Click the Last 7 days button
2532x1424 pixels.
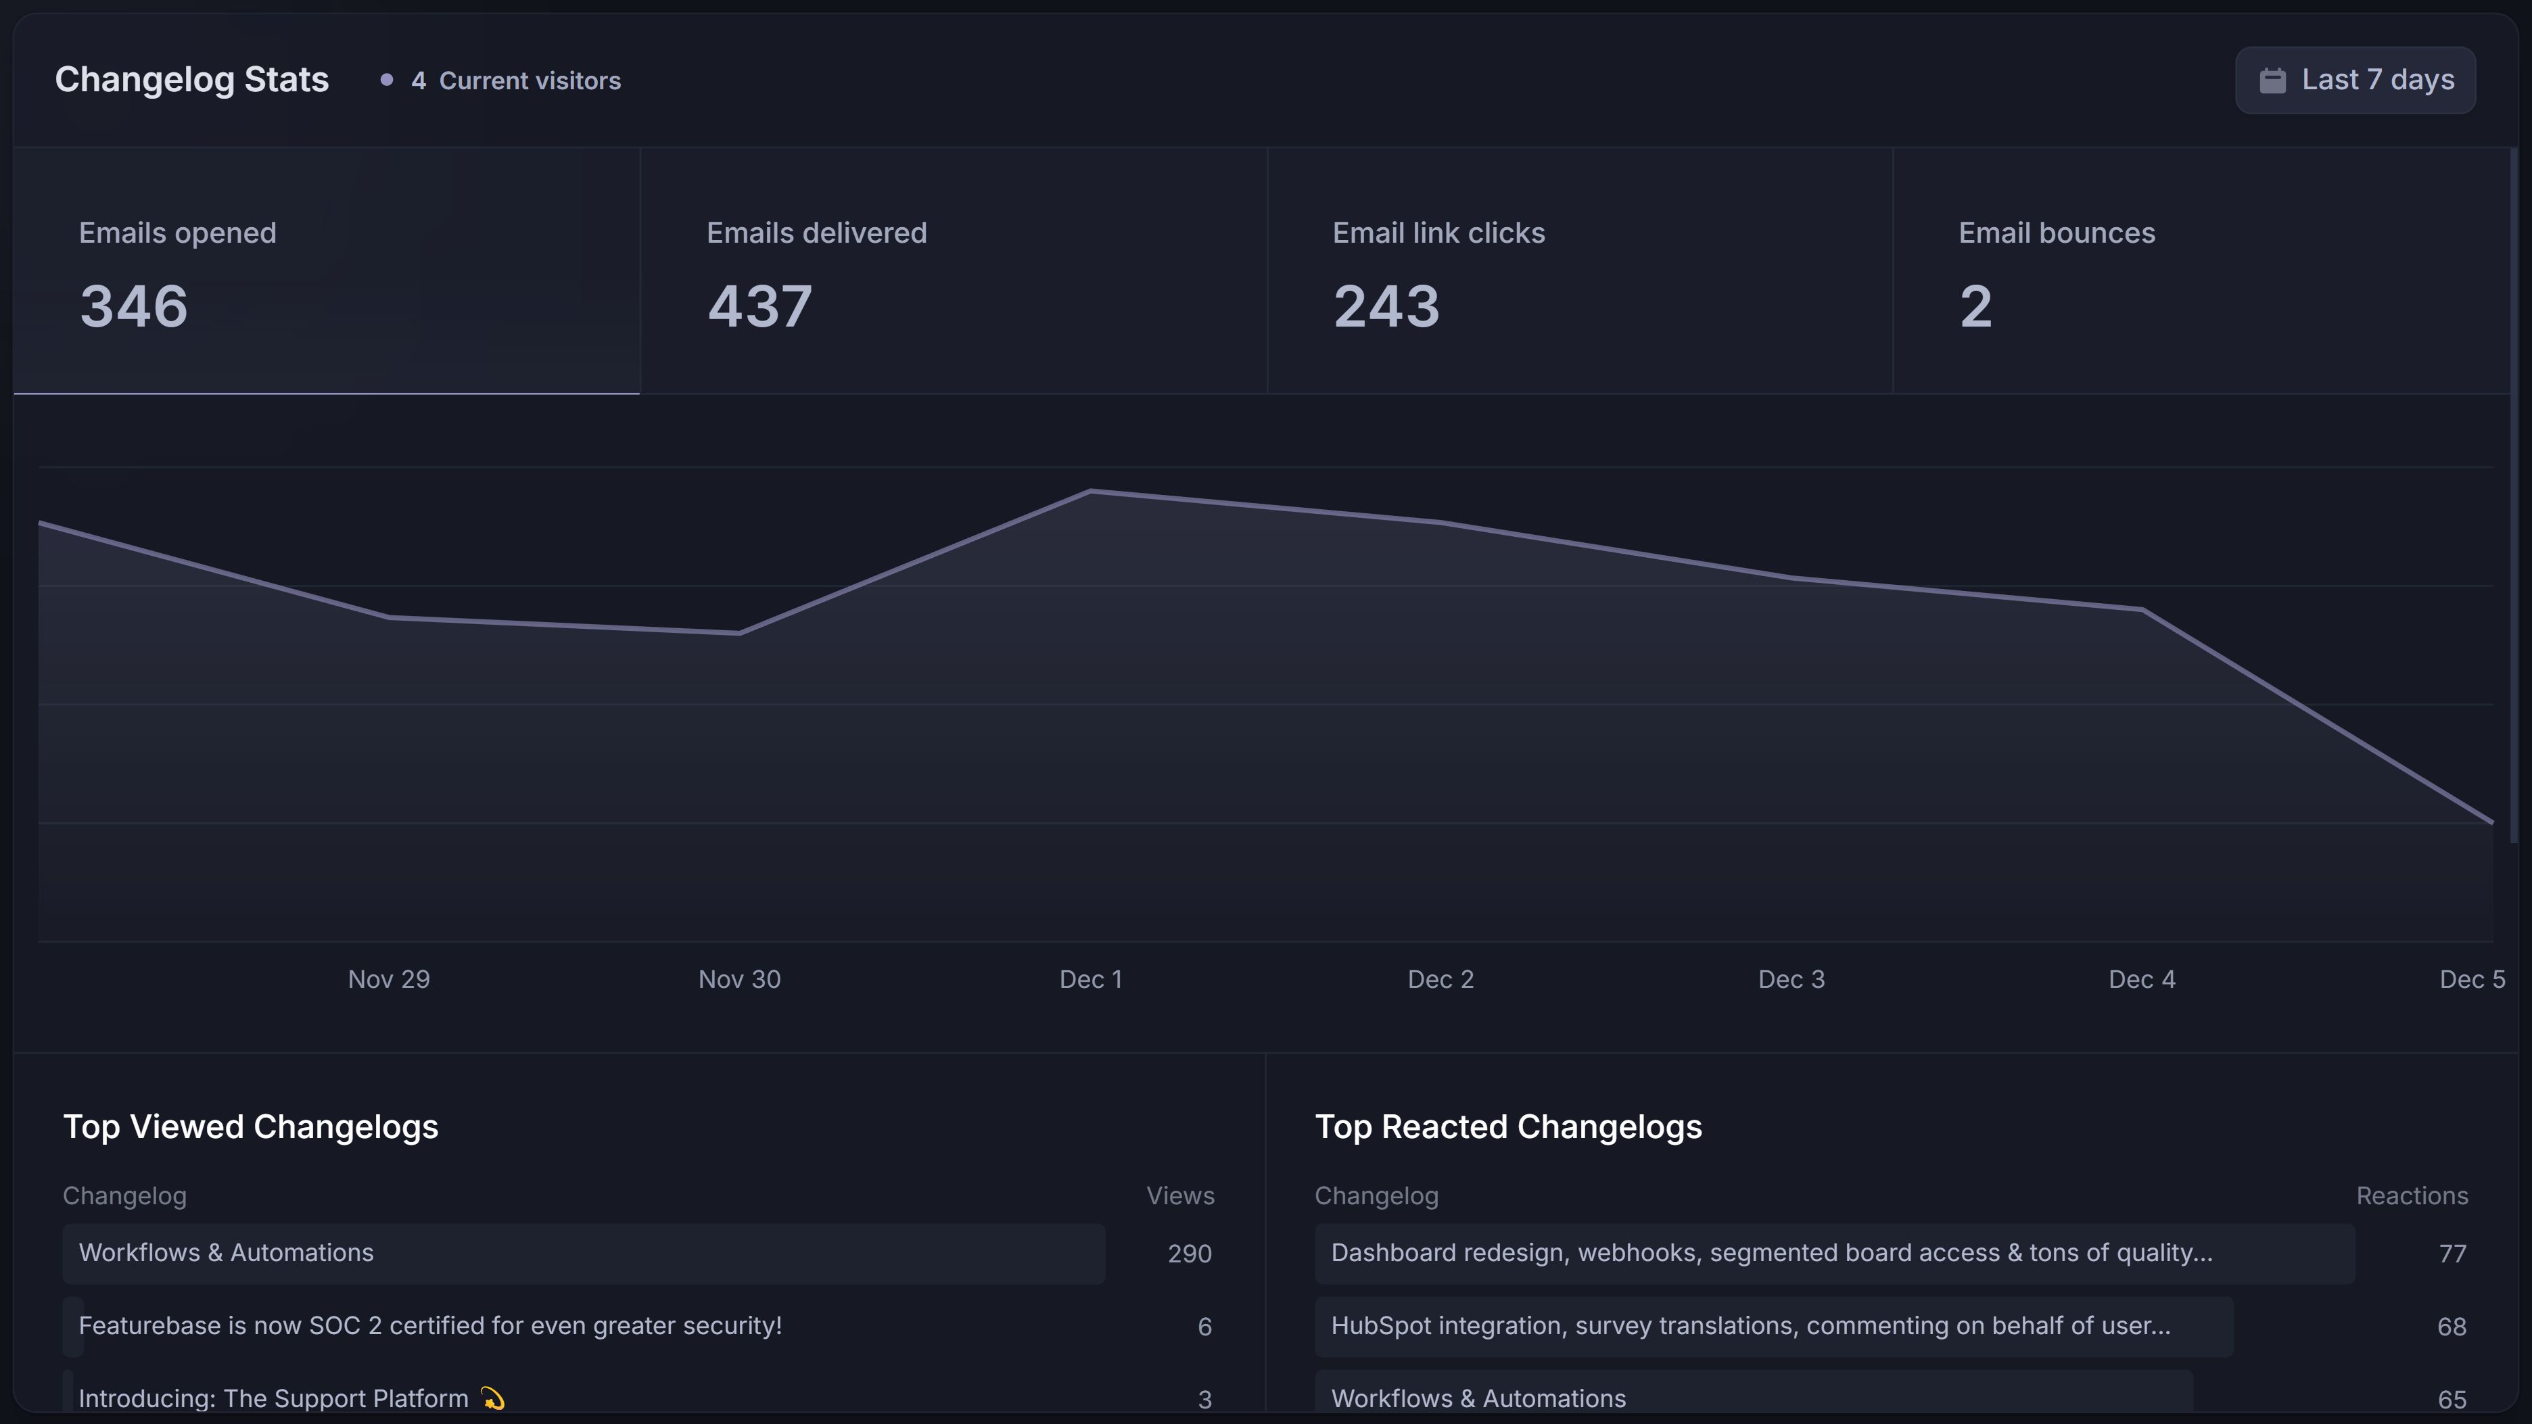[x=2355, y=80]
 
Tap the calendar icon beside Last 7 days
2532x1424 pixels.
[x=2272, y=80]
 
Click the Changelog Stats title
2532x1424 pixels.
[x=191, y=80]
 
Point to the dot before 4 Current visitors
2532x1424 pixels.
[x=386, y=80]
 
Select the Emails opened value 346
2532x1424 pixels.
[x=134, y=306]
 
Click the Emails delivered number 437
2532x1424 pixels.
[x=759, y=306]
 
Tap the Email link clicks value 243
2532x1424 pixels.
[x=1386, y=306]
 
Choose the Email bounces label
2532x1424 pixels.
[x=2057, y=233]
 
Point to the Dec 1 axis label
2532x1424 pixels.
[x=1090, y=979]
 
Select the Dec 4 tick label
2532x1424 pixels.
[x=2141, y=979]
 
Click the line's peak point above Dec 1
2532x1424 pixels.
[x=1090, y=490]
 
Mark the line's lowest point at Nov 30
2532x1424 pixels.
[x=739, y=633]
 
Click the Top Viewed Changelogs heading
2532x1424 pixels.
[x=251, y=1126]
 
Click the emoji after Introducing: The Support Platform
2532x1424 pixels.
[x=492, y=1398]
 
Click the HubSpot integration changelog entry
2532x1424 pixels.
[x=1750, y=1326]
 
